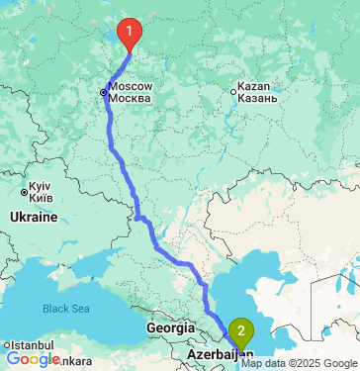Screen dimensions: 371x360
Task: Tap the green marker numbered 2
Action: click(240, 331)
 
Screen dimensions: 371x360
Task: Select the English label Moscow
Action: click(130, 87)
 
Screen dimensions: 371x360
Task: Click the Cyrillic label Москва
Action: click(130, 99)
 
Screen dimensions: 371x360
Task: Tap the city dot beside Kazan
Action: click(234, 93)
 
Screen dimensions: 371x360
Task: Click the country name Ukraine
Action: click(34, 216)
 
